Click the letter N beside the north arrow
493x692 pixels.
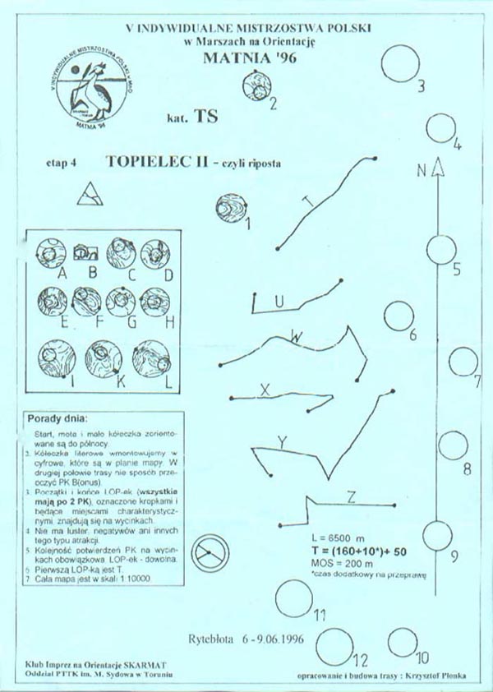point(421,171)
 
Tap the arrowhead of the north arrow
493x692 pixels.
point(438,165)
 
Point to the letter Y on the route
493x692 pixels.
point(283,443)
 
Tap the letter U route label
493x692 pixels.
point(279,302)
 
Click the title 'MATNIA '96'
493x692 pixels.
point(248,58)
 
